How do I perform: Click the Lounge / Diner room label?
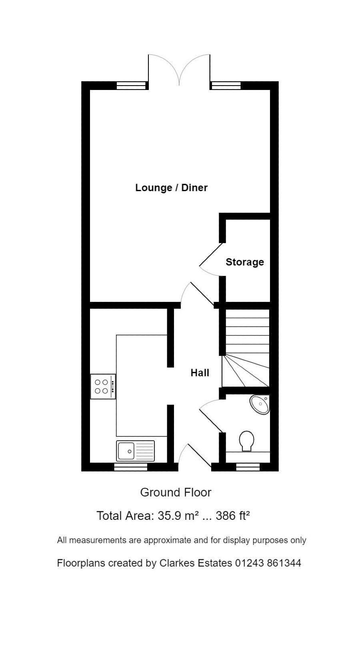click(x=172, y=188)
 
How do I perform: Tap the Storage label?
click(x=245, y=262)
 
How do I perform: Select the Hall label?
click(x=200, y=373)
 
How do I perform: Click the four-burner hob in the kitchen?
click(x=103, y=386)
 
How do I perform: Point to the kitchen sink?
click(x=136, y=451)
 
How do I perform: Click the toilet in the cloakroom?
click(x=246, y=441)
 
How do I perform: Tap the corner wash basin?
click(x=260, y=404)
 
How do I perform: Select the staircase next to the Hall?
click(x=246, y=348)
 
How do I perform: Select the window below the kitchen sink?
click(x=130, y=467)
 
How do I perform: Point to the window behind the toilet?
click(x=248, y=467)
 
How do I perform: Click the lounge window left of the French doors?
click(x=131, y=86)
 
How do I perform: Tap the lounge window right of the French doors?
click(x=226, y=86)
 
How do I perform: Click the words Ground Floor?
click(x=176, y=492)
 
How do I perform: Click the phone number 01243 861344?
click(x=268, y=563)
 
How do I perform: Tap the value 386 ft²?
click(x=233, y=516)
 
